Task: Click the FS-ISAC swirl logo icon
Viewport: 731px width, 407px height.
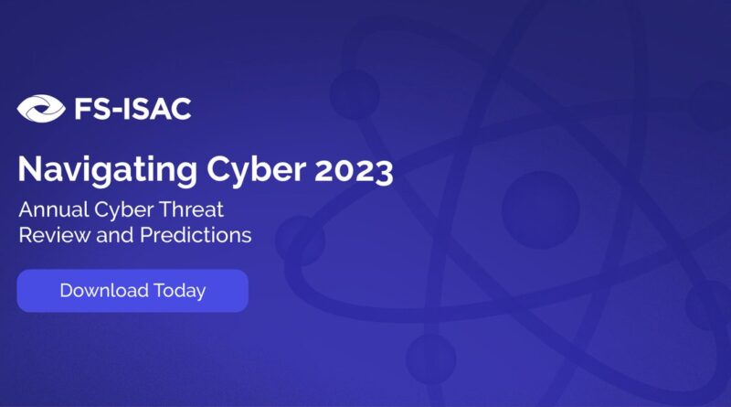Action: [41, 108]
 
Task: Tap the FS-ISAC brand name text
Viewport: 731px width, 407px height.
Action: [132, 109]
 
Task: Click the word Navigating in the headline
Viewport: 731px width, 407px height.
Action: [108, 170]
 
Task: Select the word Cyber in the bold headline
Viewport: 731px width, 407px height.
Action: [257, 170]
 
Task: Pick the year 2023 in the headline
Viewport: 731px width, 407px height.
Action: [354, 171]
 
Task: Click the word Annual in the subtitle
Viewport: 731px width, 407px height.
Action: [54, 209]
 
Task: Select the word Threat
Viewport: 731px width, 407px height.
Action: [192, 209]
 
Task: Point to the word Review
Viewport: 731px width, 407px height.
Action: [55, 235]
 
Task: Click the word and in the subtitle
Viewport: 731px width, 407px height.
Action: [115, 235]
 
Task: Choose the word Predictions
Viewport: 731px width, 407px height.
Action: [196, 235]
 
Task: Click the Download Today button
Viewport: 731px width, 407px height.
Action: [132, 290]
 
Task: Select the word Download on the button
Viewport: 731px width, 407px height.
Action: [104, 290]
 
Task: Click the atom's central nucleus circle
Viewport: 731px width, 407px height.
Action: [541, 210]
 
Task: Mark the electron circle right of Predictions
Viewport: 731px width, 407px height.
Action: [300, 241]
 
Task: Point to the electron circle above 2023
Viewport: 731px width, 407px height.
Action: [355, 94]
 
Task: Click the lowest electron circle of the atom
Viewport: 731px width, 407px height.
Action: [430, 359]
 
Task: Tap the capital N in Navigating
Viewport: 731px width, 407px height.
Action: [29, 168]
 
